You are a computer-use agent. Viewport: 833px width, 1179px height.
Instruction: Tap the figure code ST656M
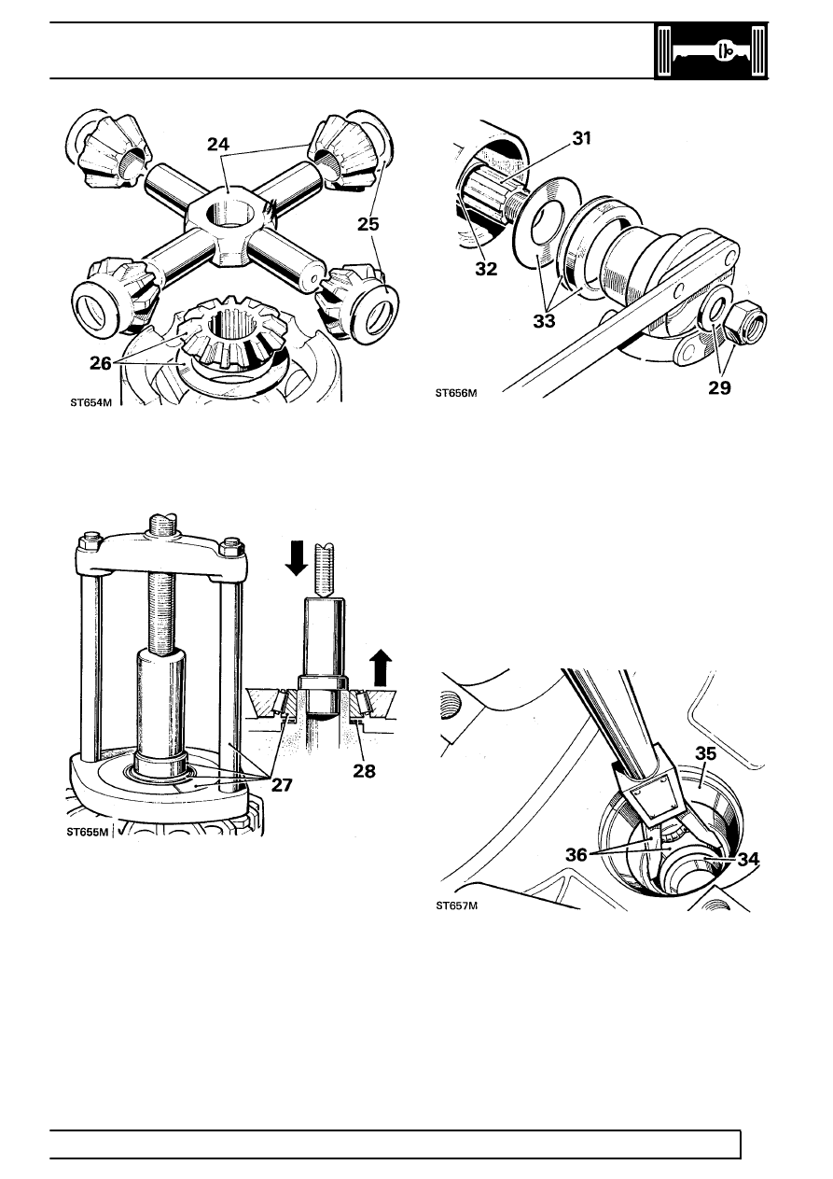[456, 393]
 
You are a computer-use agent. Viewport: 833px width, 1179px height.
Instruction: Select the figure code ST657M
[456, 905]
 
